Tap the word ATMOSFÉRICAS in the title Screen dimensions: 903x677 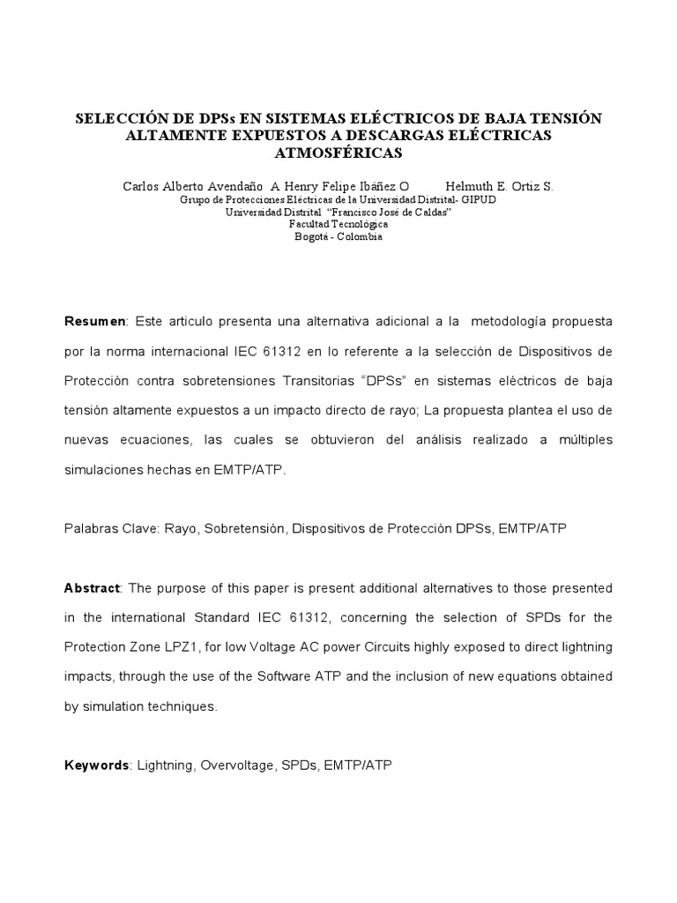338,152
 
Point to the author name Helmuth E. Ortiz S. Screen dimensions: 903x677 499,186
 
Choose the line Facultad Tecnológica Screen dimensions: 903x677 338,224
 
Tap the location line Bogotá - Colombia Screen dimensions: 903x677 338,236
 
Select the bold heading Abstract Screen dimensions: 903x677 95,587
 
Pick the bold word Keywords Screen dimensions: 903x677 96,766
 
